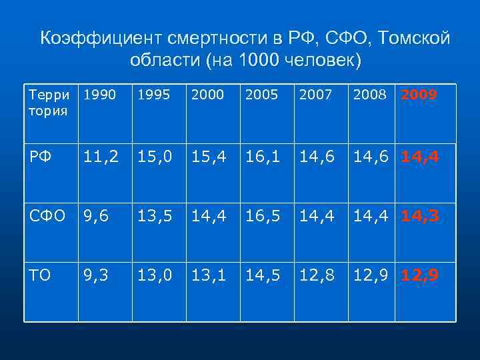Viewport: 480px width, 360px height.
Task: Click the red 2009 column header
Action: [x=419, y=95]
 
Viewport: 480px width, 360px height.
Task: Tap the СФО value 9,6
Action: [x=95, y=216]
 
